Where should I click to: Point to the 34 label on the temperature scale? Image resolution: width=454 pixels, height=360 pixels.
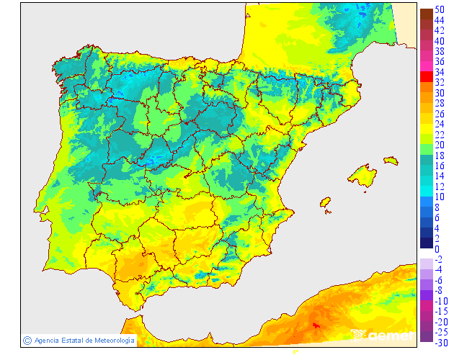[x=439, y=72]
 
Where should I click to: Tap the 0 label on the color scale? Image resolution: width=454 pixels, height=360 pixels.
[x=436, y=249]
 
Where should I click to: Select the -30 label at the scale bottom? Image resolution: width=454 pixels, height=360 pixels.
[x=440, y=343]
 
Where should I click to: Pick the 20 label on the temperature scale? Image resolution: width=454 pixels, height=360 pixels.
[x=439, y=145]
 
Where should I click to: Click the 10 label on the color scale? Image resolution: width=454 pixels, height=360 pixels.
[x=439, y=197]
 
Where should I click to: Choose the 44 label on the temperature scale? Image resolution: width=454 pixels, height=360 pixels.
[x=439, y=19]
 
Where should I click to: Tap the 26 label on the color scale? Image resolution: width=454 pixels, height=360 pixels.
[x=439, y=114]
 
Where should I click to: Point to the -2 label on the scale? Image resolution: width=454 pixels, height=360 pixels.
[x=438, y=259]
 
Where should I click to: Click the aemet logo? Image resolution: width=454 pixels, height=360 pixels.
[x=383, y=335]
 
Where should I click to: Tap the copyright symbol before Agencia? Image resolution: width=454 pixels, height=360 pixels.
[x=27, y=340]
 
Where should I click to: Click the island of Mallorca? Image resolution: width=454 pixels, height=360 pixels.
[x=362, y=176]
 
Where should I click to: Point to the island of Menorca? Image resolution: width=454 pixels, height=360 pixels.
[x=391, y=160]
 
